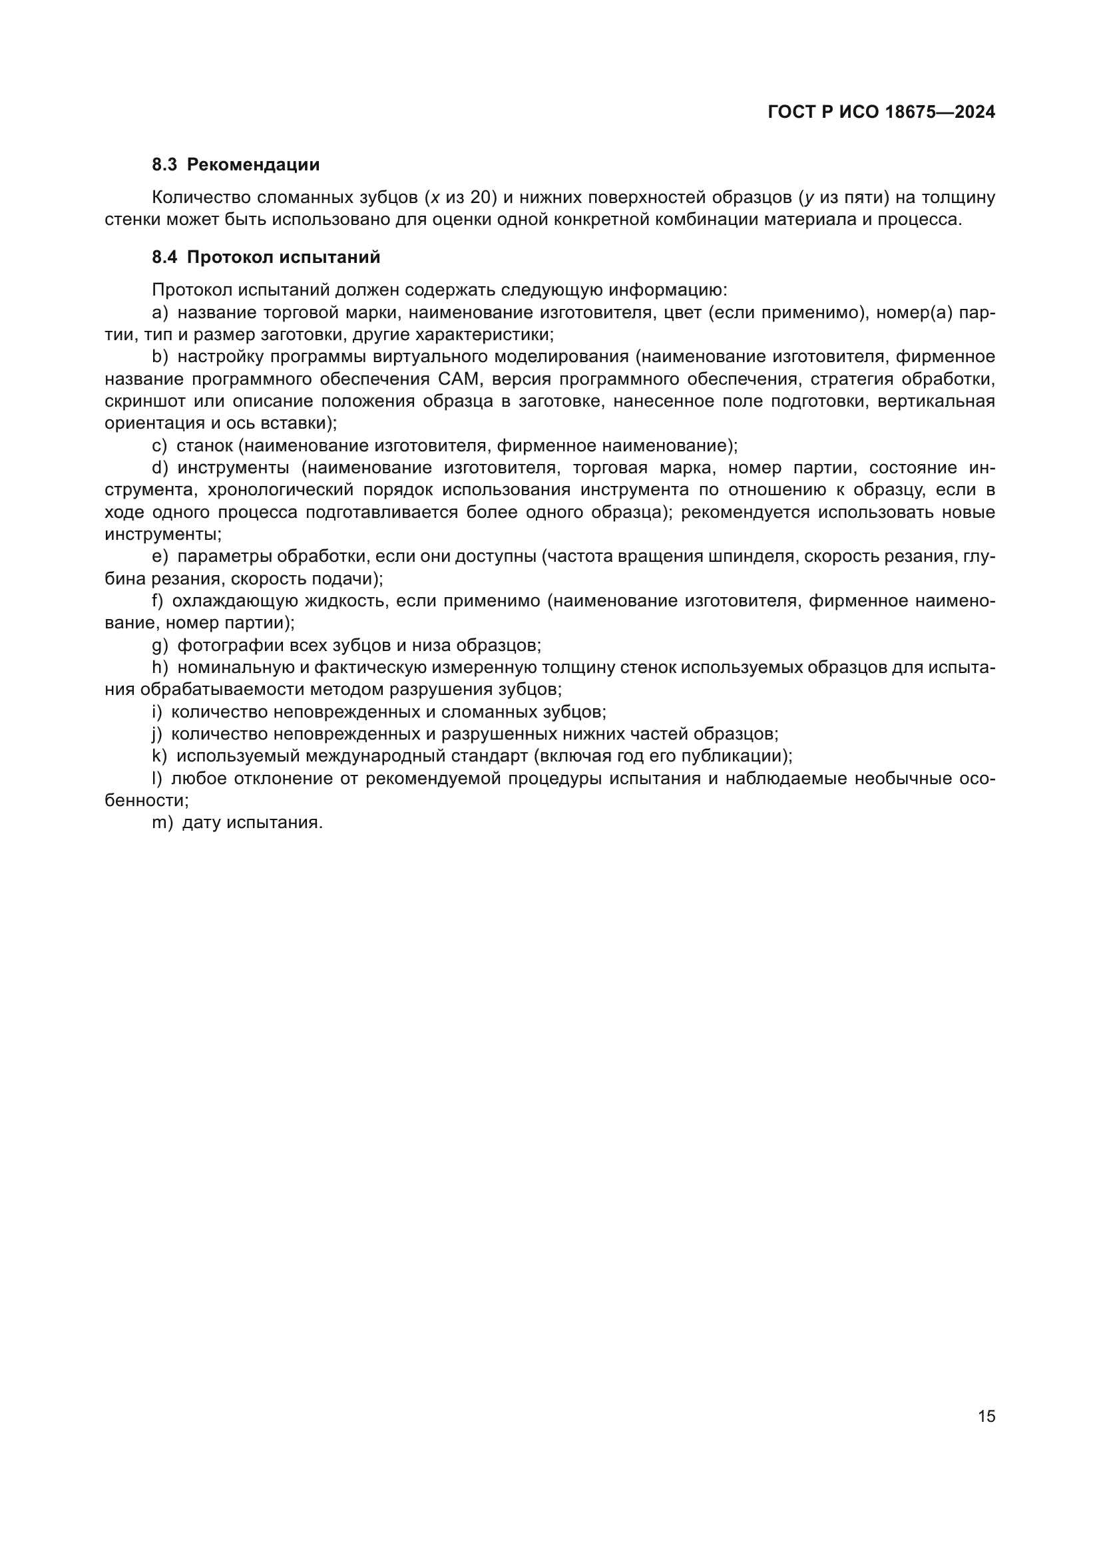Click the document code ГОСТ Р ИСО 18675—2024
click(x=881, y=112)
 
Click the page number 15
click(x=987, y=1416)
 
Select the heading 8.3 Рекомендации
click(x=235, y=165)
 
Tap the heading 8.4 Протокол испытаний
click(x=266, y=258)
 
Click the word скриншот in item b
click(x=144, y=401)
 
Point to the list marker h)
click(x=160, y=667)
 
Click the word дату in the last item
click(x=201, y=823)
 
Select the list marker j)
click(x=157, y=734)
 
